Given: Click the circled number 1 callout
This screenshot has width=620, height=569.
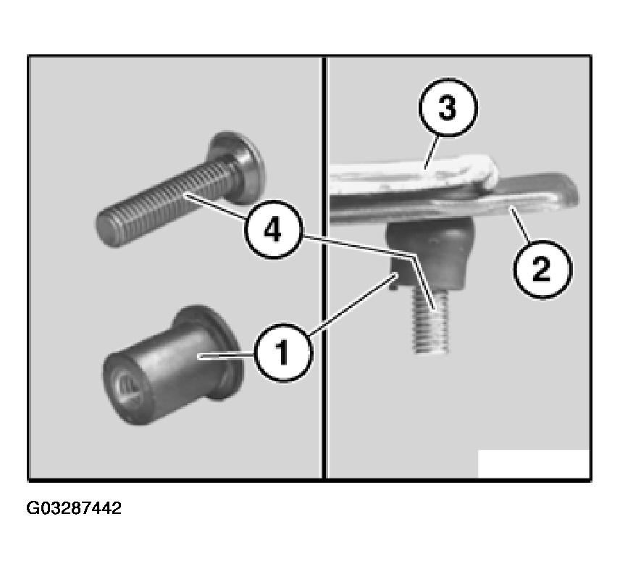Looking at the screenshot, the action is [282, 352].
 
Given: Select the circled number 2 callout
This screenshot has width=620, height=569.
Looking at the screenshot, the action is [542, 270].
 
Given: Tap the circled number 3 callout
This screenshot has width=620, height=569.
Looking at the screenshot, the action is [448, 107].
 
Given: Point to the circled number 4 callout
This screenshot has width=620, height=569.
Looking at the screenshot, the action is [273, 230].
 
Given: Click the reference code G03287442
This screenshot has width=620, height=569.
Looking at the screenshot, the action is [74, 508].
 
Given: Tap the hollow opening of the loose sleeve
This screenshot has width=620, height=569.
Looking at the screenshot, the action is [127, 390].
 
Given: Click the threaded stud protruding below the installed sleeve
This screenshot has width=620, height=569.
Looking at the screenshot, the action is [431, 320].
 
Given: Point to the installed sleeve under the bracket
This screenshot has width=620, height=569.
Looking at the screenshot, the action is [429, 253].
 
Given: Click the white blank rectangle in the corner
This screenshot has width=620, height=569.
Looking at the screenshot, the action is [534, 464].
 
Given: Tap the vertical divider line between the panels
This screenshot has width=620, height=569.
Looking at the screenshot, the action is [324, 268].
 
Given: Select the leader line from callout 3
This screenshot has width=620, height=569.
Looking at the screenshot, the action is [432, 152].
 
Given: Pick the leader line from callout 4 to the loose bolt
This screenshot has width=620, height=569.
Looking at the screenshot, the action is [214, 206].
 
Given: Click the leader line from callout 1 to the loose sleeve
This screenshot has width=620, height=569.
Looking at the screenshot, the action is [226, 357].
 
